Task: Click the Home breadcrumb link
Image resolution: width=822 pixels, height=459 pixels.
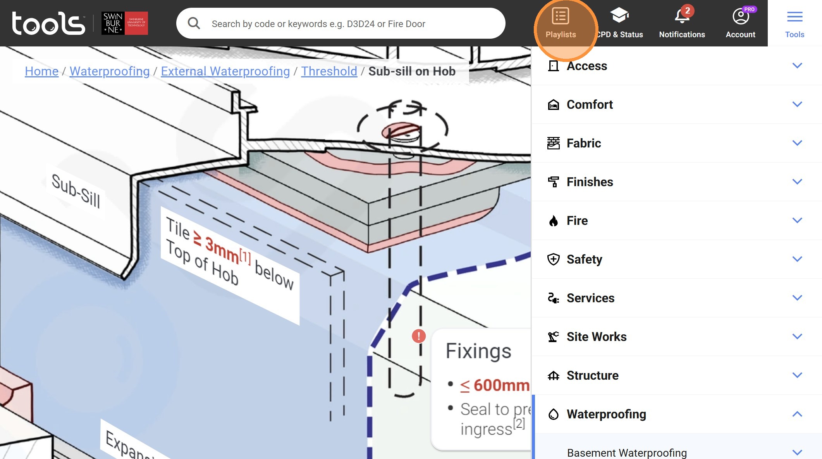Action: click(x=41, y=71)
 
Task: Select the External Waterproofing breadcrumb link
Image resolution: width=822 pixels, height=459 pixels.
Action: click(x=225, y=71)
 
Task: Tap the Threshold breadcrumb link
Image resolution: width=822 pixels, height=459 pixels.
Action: click(x=329, y=71)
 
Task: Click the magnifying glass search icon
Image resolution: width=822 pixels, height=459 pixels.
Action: click(x=194, y=24)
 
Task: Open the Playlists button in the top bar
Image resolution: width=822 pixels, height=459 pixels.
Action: click(x=561, y=23)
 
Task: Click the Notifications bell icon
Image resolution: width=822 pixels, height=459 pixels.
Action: click(x=682, y=17)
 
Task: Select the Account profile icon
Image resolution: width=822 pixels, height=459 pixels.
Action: click(x=740, y=17)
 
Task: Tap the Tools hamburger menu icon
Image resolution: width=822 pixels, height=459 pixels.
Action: click(x=794, y=17)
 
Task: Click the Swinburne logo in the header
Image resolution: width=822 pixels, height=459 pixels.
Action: click(x=124, y=23)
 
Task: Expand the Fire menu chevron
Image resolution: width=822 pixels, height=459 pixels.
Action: click(x=797, y=221)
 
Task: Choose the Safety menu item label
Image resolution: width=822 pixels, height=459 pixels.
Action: click(x=584, y=259)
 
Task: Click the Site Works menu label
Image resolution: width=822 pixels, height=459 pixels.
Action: click(x=596, y=337)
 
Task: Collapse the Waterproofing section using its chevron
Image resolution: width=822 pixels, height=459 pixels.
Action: click(x=797, y=414)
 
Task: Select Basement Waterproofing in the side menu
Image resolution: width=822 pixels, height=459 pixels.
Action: click(x=626, y=452)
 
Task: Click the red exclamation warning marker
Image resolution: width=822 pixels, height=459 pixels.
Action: click(x=418, y=336)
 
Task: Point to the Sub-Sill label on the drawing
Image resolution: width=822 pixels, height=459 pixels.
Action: click(x=76, y=191)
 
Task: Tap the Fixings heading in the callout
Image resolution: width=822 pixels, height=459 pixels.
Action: click(x=478, y=351)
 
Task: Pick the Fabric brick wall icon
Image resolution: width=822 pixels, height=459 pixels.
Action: click(x=553, y=143)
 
